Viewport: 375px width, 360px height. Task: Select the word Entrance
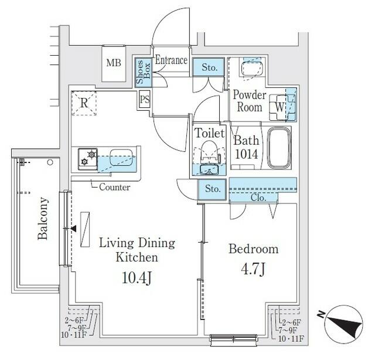point(171,60)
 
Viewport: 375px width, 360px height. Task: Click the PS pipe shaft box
point(145,99)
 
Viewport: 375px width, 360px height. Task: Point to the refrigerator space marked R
point(84,103)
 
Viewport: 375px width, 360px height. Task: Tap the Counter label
point(114,188)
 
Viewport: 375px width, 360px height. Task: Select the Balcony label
point(43,219)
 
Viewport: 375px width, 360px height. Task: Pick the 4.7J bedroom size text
point(253,270)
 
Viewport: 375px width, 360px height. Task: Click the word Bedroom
point(253,249)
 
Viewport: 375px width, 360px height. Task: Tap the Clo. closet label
point(258,198)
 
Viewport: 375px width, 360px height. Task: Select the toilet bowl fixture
point(210,151)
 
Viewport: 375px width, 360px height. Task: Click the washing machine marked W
point(280,107)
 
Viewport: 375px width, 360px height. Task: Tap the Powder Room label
point(250,101)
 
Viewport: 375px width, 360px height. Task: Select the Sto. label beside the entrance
point(209,67)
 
